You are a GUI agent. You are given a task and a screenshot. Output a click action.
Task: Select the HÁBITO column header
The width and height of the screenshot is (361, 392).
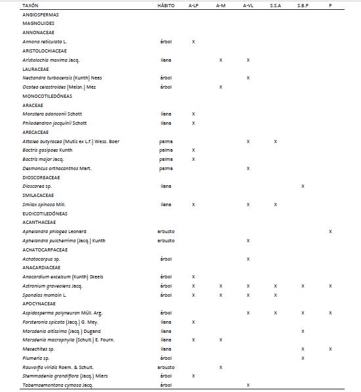pyautogui.click(x=166, y=5)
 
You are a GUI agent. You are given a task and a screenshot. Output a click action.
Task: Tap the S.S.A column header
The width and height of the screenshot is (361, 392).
pyautogui.click(x=276, y=5)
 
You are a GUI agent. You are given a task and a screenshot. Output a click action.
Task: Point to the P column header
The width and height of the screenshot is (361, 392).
pyautogui.click(x=330, y=5)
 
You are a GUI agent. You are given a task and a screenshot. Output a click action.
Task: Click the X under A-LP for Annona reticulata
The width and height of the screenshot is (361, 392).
pyautogui.click(x=194, y=41)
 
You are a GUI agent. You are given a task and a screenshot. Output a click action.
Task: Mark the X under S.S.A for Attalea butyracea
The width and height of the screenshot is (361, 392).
pyautogui.click(x=276, y=141)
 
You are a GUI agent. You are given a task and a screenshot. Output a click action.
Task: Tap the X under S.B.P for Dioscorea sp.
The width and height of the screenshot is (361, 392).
pyautogui.click(x=303, y=186)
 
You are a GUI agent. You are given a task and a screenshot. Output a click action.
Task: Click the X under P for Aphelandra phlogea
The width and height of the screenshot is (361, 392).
pyautogui.click(x=330, y=231)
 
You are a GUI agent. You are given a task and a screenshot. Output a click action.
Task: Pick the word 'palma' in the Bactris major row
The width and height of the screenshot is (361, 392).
pyautogui.click(x=166, y=159)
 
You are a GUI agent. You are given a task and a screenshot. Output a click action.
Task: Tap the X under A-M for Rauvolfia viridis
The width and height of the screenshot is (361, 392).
pyautogui.click(x=221, y=367)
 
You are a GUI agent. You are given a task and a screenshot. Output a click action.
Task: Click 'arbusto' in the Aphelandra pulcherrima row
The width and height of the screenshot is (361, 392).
pyautogui.click(x=166, y=240)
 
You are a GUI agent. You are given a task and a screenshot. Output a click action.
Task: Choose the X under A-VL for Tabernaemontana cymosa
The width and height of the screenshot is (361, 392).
pyautogui.click(x=248, y=385)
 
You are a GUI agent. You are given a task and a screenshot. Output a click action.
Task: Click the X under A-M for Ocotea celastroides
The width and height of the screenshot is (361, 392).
pyautogui.click(x=221, y=87)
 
